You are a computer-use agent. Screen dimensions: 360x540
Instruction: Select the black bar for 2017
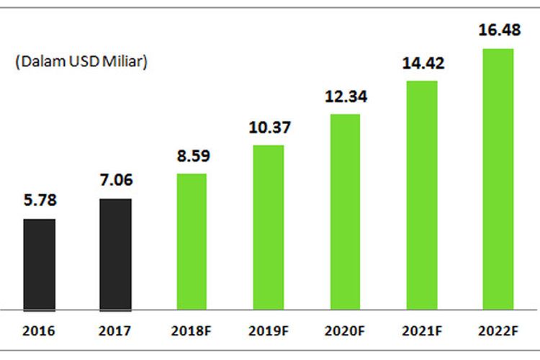115,253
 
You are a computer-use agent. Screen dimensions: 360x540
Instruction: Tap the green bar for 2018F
192,241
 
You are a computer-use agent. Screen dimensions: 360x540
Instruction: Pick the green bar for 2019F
269,227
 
